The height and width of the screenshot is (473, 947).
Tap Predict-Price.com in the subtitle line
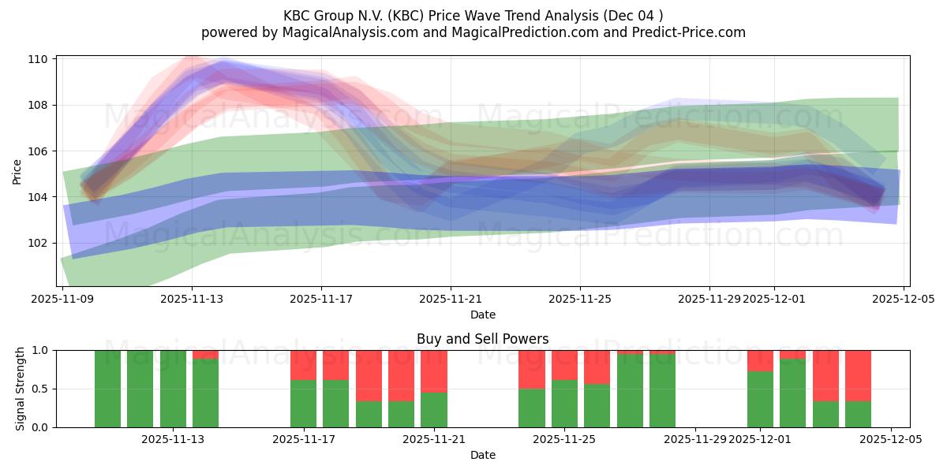click(683, 32)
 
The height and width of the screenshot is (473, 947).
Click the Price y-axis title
click(17, 171)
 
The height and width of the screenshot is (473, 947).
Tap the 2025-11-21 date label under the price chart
click(451, 299)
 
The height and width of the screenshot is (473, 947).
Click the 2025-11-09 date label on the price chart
click(62, 299)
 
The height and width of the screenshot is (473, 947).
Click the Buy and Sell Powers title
click(482, 340)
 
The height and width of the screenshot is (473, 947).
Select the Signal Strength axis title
click(21, 389)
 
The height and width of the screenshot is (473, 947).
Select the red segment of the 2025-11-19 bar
click(369, 375)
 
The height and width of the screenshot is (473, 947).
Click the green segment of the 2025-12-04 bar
click(858, 414)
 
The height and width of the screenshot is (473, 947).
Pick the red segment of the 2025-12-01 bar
click(760, 360)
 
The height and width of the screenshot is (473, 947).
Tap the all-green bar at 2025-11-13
click(173, 389)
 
